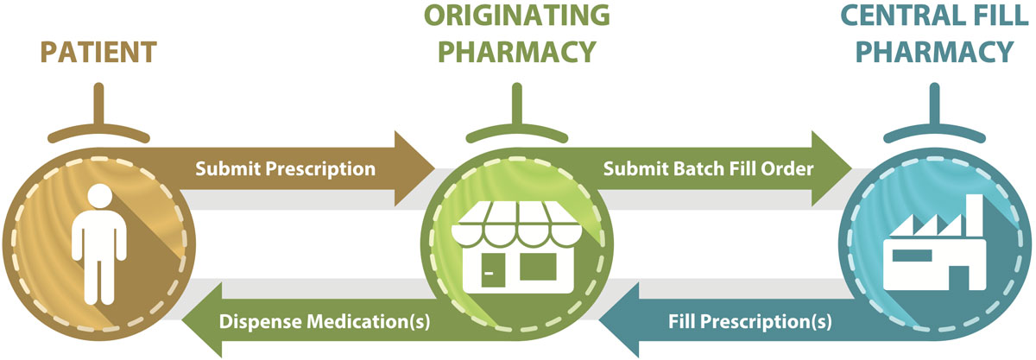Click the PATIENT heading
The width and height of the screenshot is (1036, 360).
pyautogui.click(x=98, y=52)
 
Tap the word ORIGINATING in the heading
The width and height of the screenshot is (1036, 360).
pyautogui.click(x=517, y=15)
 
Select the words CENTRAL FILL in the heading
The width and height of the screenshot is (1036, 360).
pyautogui.click(x=934, y=15)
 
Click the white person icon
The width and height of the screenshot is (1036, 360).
pyautogui.click(x=99, y=244)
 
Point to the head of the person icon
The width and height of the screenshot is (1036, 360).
pyautogui.click(x=99, y=196)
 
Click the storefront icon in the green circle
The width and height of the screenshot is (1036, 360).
pyautogui.click(x=517, y=247)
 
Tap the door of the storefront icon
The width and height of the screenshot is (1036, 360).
pyautogui.click(x=493, y=269)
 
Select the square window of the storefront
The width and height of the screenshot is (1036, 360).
pyautogui.click(x=538, y=267)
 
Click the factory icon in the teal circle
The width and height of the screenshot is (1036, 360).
pyautogui.click(x=934, y=243)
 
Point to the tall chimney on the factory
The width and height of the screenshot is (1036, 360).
pyautogui.click(x=975, y=218)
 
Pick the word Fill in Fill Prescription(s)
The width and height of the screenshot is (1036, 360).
pyautogui.click(x=682, y=321)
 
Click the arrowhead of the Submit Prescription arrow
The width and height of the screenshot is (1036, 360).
pyautogui.click(x=414, y=168)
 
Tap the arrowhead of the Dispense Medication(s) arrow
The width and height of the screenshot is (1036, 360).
pyautogui.click(x=202, y=320)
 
